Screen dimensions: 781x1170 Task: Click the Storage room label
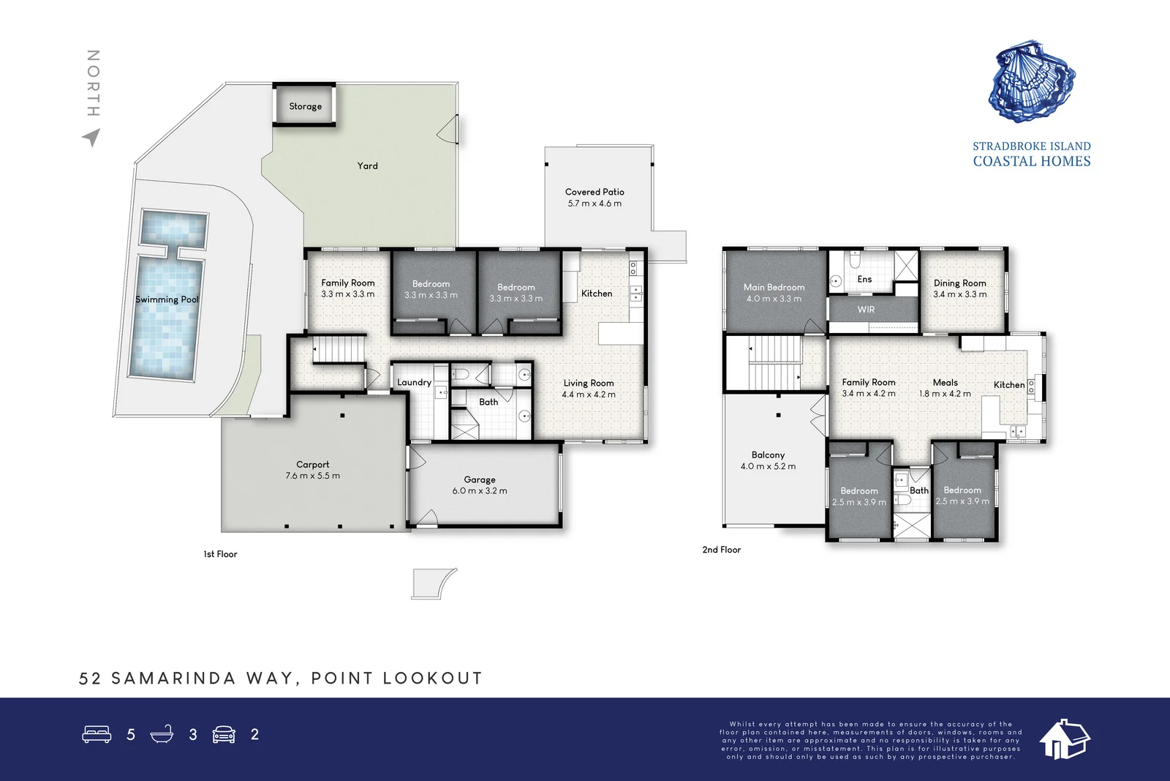click(x=305, y=106)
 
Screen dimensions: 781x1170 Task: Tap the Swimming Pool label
click(x=167, y=299)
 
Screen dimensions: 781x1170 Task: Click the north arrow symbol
click(x=92, y=137)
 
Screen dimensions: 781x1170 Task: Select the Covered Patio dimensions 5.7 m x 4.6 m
click(x=595, y=203)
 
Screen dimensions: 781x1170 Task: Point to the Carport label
click(x=312, y=464)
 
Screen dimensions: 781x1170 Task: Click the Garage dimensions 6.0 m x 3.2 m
click(x=479, y=491)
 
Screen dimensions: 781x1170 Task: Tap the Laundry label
click(x=414, y=382)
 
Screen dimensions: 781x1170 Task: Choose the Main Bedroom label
click(x=774, y=287)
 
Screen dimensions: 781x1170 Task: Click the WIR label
click(x=866, y=310)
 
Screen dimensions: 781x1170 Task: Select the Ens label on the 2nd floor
click(x=864, y=279)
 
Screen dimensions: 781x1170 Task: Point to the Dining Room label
click(x=959, y=283)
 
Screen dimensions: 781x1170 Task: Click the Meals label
click(x=945, y=382)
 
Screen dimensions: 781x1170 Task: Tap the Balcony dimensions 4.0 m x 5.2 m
click(x=768, y=466)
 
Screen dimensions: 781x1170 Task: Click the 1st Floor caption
click(x=220, y=554)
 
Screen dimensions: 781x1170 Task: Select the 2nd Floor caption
click(x=721, y=550)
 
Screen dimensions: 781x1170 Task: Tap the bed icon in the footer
click(x=97, y=734)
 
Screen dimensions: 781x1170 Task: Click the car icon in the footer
click(x=224, y=734)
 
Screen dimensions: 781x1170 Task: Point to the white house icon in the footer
click(x=1064, y=739)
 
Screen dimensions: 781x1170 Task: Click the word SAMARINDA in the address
click(x=174, y=679)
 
